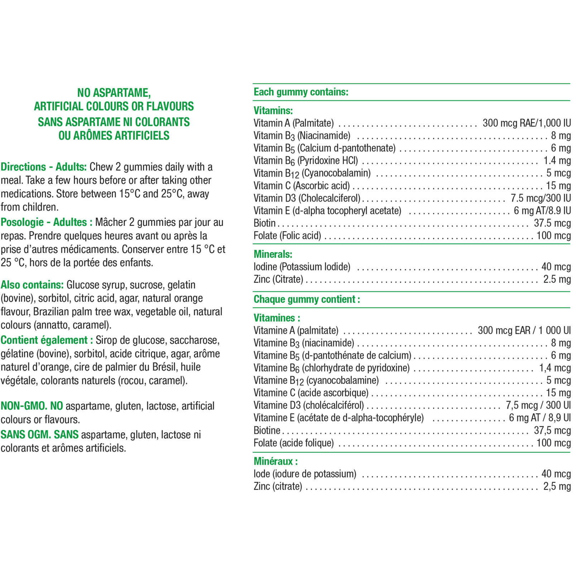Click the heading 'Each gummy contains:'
tap(301, 92)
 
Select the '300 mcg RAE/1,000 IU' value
tap(526, 123)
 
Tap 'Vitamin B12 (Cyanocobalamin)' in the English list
tap(312, 173)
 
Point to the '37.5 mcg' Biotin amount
tap(552, 223)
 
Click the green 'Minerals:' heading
tap(273, 254)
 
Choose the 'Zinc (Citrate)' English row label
tap(278, 279)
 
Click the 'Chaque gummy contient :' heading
tap(307, 299)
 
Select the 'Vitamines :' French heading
tap(277, 318)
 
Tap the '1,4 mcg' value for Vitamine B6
tap(555, 368)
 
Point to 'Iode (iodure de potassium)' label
tap(305, 474)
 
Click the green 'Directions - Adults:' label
tap(44, 167)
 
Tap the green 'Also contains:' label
tap(32, 285)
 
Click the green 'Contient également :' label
tap(47, 340)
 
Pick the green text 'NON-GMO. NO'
tap(32, 406)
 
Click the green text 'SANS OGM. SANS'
tap(39, 435)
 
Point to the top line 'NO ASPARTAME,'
tap(114, 93)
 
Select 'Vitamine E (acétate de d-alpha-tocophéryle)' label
tap(338, 418)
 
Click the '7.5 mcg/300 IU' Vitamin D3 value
tap(540, 198)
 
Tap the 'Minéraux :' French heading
tap(275, 461)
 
